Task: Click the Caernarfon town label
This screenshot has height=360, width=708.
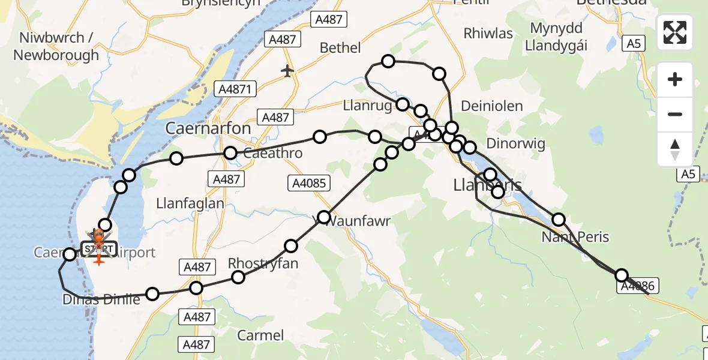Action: click(208, 128)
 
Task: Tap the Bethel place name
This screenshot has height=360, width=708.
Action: click(340, 48)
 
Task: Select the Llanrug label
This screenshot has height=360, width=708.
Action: click(368, 106)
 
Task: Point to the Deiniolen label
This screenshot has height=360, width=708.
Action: click(491, 106)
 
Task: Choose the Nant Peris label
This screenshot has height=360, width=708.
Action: click(575, 236)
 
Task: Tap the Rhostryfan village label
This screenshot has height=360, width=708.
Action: click(263, 263)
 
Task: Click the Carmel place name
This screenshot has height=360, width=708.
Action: click(260, 335)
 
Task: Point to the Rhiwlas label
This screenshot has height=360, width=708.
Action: click(488, 34)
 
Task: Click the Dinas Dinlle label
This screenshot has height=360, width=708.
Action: click(101, 299)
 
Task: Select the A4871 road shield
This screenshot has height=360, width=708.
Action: click(236, 89)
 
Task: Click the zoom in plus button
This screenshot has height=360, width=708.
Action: click(675, 79)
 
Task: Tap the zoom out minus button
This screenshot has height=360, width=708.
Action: click(675, 114)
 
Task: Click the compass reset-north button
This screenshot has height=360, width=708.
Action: click(675, 149)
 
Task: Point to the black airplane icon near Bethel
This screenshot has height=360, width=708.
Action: click(288, 71)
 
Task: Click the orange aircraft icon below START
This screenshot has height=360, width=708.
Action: click(98, 260)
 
